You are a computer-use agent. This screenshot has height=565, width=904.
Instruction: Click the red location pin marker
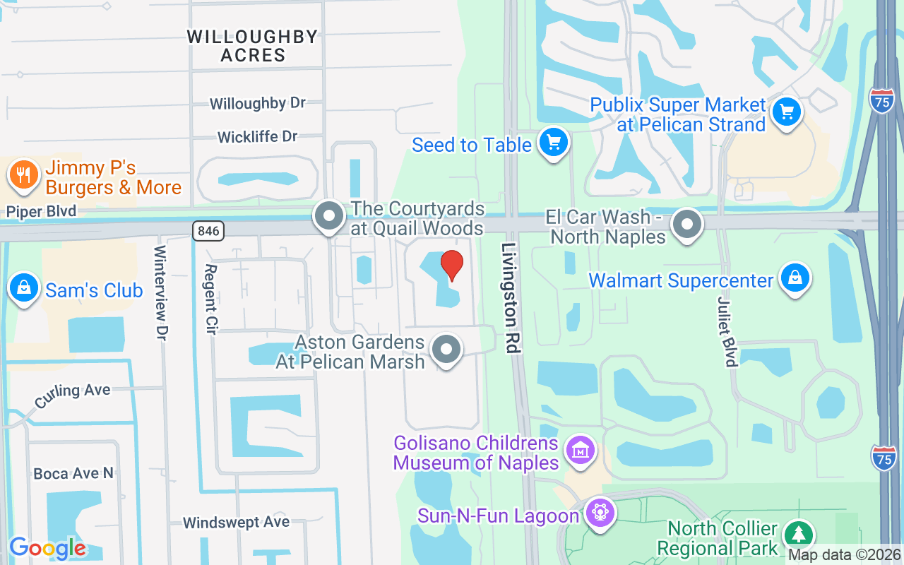coord(452,265)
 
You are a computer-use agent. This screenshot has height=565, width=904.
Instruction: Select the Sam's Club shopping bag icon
coord(24,288)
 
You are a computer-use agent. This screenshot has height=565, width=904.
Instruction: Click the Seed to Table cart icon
coord(553,143)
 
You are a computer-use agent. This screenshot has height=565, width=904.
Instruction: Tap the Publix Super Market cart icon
coord(786,112)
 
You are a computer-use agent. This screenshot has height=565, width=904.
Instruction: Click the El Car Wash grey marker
coord(686,225)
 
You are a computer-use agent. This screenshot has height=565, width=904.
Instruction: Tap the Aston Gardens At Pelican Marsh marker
coord(446,350)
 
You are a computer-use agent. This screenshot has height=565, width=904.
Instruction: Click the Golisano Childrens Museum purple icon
coord(581,450)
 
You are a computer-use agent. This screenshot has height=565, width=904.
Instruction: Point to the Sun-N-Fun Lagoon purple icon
coord(600,512)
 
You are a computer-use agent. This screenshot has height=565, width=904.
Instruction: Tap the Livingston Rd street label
coord(511,297)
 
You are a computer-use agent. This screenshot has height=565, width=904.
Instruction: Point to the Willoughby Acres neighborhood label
coord(253,46)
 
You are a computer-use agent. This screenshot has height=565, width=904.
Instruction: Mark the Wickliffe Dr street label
coord(258,136)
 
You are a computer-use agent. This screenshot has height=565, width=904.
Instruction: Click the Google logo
coord(47,548)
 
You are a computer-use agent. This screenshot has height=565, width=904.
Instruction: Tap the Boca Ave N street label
coord(73,473)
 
